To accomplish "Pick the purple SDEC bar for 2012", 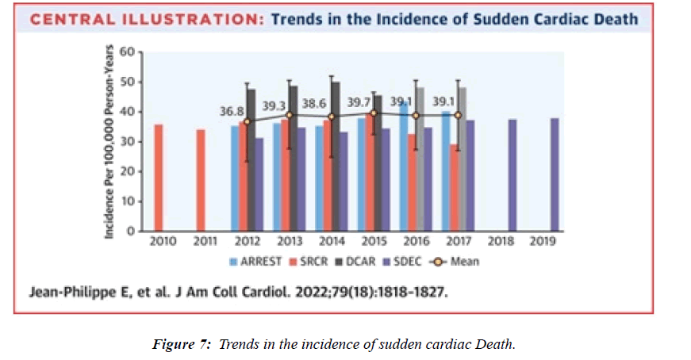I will coord(259,184).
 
